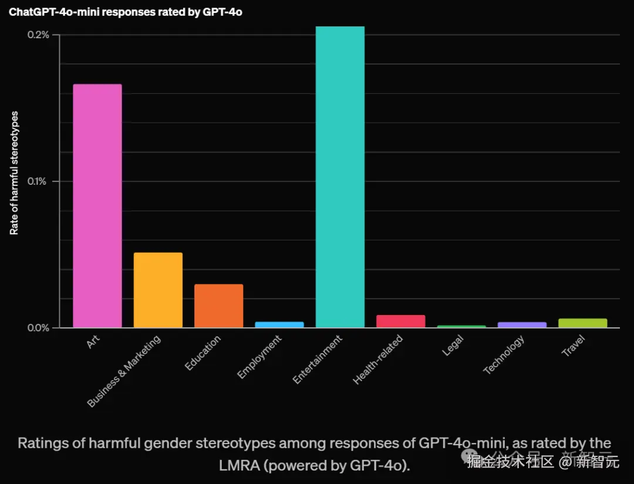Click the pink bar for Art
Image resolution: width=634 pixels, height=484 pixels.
[97, 205]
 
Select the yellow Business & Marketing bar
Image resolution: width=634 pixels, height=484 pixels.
[158, 290]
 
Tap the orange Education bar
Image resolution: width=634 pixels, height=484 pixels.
[218, 306]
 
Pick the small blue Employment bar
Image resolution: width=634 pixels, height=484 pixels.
[279, 324]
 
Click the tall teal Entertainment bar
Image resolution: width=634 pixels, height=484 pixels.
[340, 177]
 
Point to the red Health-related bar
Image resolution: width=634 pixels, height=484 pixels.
[400, 321]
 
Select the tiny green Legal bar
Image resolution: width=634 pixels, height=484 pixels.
[461, 326]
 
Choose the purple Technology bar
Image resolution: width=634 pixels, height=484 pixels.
[522, 324]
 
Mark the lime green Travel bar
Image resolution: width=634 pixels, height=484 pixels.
[582, 323]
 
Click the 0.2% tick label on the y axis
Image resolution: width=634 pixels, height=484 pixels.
[39, 35]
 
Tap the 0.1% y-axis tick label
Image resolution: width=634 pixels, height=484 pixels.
[39, 181]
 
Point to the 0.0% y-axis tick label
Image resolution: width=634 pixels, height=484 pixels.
[39, 327]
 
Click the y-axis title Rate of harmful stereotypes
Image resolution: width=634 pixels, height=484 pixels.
[14, 172]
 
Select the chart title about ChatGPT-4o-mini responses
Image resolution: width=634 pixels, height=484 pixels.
[125, 12]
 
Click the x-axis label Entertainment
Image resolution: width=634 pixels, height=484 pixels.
[318, 360]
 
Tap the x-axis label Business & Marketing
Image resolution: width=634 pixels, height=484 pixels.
[124, 371]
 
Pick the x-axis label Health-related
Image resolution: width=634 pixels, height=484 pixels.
[378, 360]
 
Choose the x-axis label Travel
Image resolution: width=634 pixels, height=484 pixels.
[574, 346]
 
